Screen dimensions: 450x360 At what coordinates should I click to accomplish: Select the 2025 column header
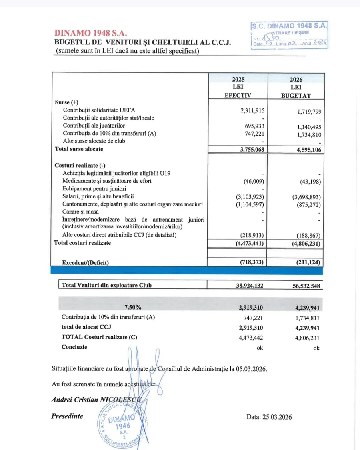(x=238, y=79)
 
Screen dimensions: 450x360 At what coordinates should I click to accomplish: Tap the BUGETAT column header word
(x=296, y=96)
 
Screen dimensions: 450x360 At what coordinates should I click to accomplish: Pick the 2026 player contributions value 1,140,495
(x=306, y=127)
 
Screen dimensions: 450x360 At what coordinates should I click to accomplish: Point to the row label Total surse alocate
(x=79, y=149)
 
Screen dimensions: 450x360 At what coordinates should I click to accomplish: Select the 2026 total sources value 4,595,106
(x=306, y=150)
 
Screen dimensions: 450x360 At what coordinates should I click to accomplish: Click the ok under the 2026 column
(x=316, y=348)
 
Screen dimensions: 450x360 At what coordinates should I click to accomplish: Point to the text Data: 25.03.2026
(x=269, y=417)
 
